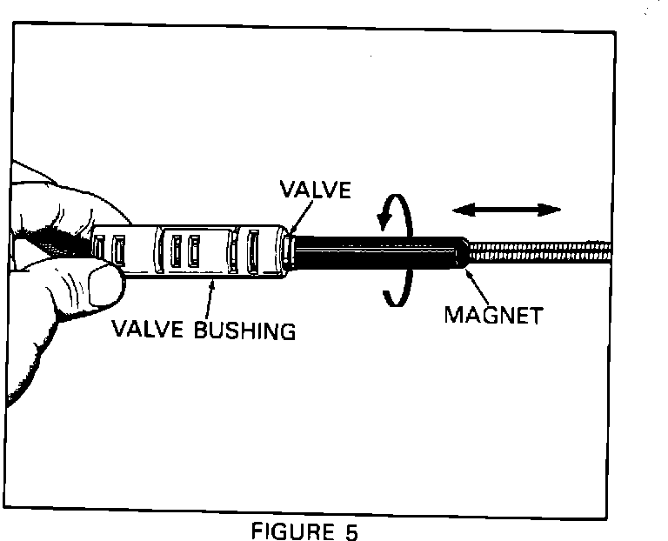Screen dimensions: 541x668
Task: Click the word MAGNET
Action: coord(492,315)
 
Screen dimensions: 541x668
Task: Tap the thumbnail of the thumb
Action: coord(103,284)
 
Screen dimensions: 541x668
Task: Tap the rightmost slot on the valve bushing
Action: coord(254,250)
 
